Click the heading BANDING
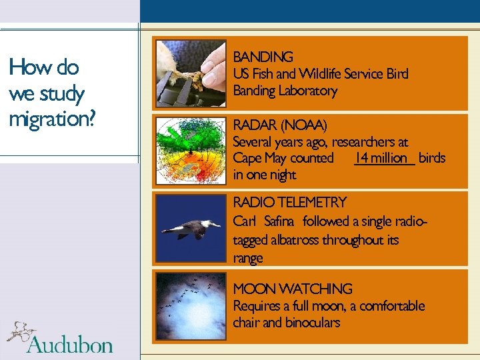(x=263, y=57)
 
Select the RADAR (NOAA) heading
(x=280, y=125)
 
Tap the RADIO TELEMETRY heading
(x=290, y=202)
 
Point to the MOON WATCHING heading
(x=293, y=289)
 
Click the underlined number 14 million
(x=382, y=158)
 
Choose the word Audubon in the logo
(x=69, y=344)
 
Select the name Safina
(x=281, y=221)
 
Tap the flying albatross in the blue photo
(x=191, y=228)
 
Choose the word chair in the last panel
(x=247, y=323)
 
